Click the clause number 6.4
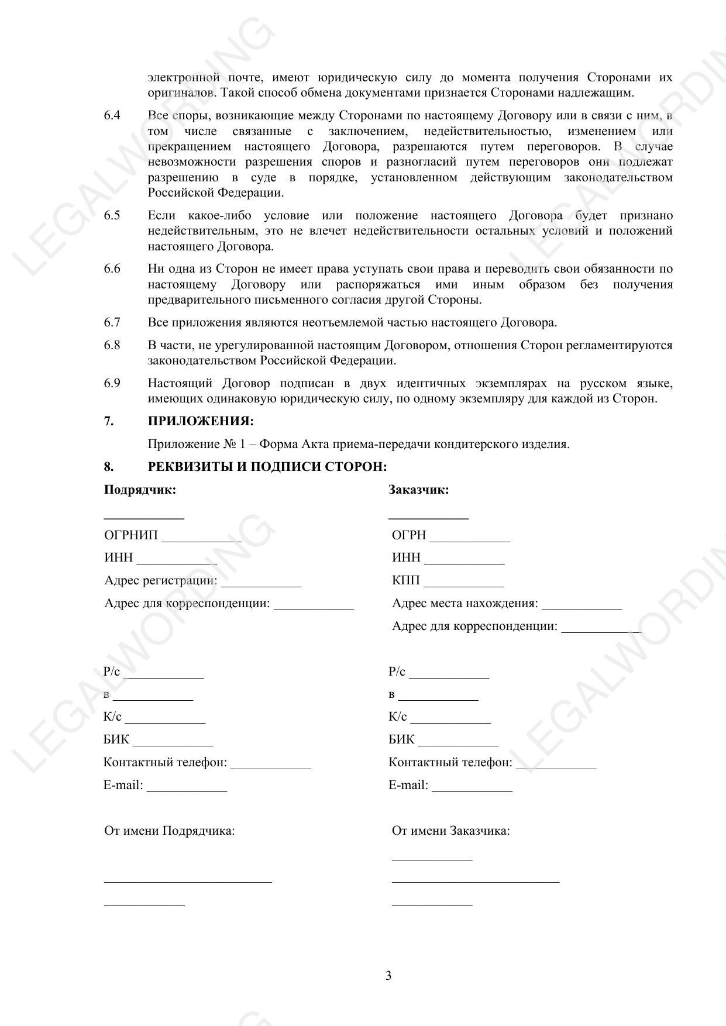click(x=112, y=115)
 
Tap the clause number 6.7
click(x=112, y=322)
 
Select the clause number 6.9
click(x=112, y=383)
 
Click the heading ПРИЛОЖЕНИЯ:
click(x=201, y=421)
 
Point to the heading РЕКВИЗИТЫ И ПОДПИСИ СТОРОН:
click(x=267, y=467)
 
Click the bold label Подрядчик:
click(x=140, y=490)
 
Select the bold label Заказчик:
click(x=419, y=490)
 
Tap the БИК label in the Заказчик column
click(x=401, y=739)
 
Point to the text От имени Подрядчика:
click(x=170, y=831)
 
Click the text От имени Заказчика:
click(x=450, y=831)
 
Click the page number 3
click(x=388, y=976)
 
